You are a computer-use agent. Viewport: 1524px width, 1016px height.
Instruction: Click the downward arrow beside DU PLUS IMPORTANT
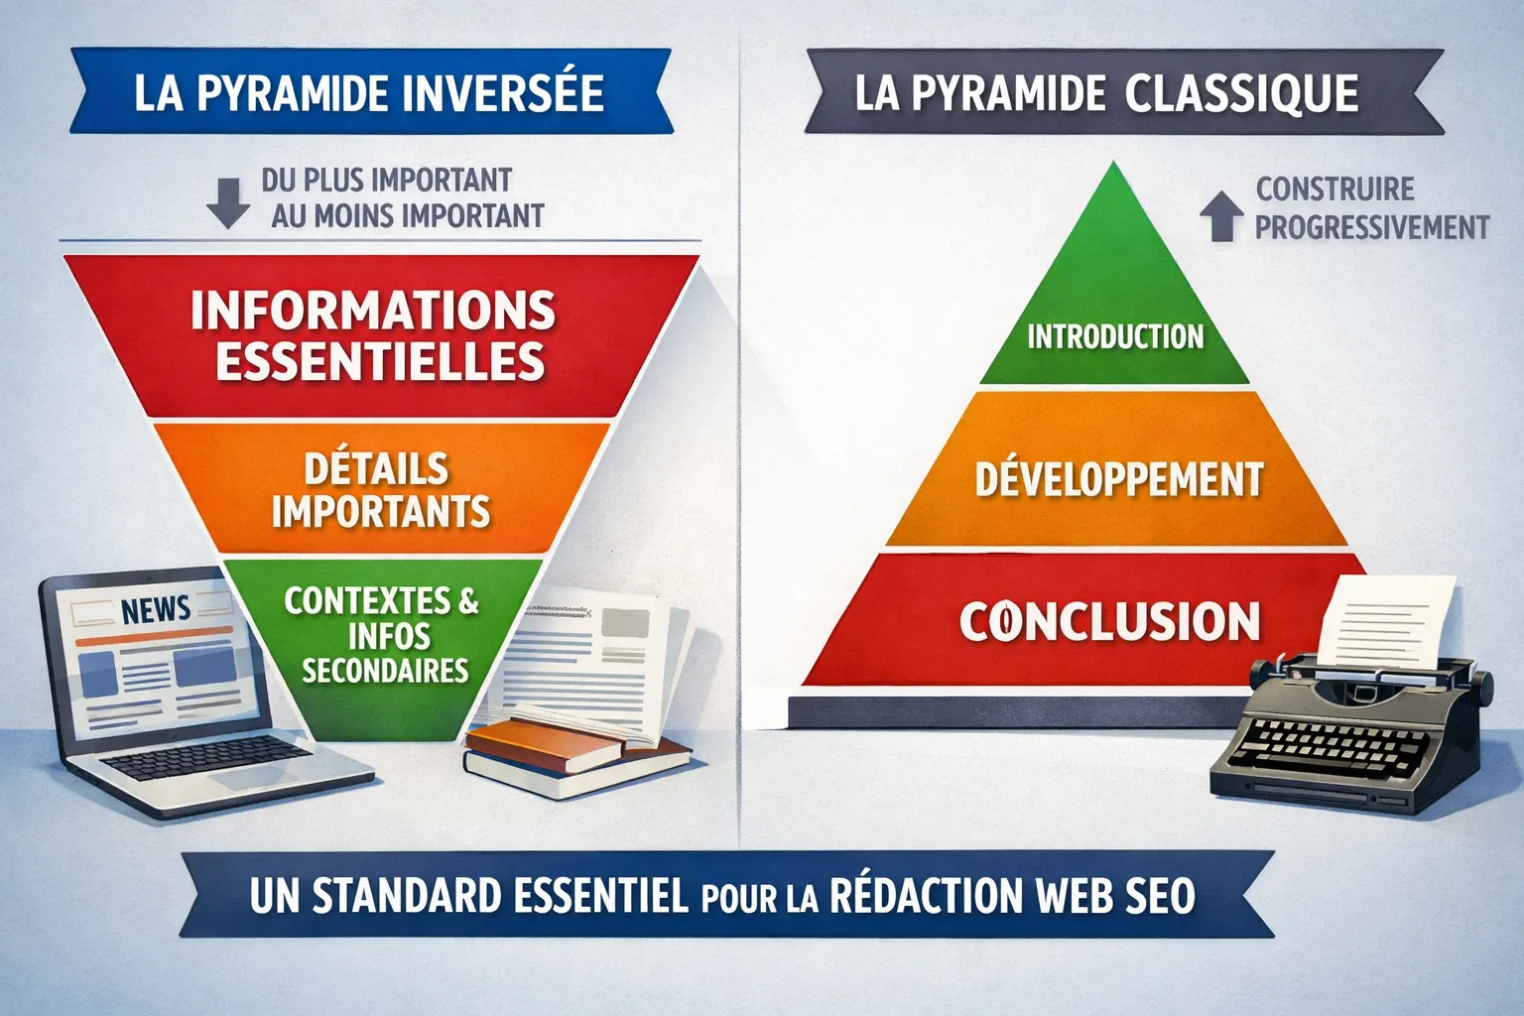[228, 202]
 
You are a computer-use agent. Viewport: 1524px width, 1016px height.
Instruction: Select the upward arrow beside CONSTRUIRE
[1221, 215]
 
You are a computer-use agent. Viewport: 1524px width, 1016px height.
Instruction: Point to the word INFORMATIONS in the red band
[373, 311]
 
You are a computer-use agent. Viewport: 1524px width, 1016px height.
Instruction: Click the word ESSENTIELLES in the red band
[380, 361]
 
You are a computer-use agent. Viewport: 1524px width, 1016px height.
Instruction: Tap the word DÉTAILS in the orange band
[377, 468]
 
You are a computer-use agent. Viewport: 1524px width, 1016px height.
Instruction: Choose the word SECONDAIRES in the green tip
[385, 671]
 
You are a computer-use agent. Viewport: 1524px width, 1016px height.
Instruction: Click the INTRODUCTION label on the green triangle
[1115, 337]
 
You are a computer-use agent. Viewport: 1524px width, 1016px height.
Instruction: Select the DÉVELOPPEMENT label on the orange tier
[1119, 480]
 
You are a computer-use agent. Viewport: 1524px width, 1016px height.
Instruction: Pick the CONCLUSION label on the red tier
[1109, 621]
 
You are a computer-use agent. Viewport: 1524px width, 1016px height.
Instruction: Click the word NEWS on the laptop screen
[156, 608]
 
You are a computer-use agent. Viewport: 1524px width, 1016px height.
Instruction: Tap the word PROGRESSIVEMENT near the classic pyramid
[1372, 227]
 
